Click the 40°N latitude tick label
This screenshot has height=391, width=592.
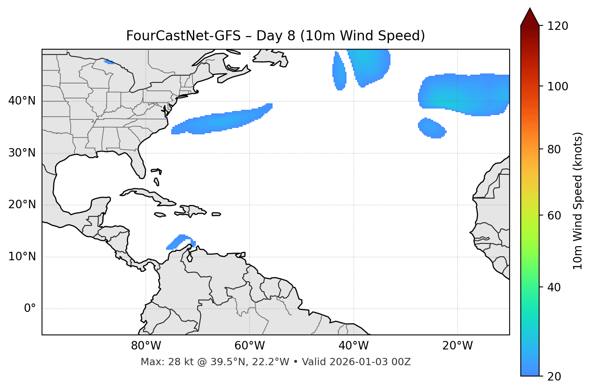pyautogui.click(x=22, y=101)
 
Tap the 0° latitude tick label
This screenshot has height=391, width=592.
pyautogui.click(x=30, y=309)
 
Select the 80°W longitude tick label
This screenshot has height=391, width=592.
pyautogui.click(x=146, y=346)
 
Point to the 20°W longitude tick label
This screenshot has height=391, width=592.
pyautogui.click(x=458, y=346)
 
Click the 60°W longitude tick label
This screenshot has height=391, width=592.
pyautogui.click(x=250, y=346)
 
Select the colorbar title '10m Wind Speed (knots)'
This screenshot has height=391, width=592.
pyautogui.click(x=578, y=201)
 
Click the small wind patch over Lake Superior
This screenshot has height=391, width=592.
pyautogui.click(x=109, y=62)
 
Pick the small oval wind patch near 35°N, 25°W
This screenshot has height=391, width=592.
pyautogui.click(x=431, y=128)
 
